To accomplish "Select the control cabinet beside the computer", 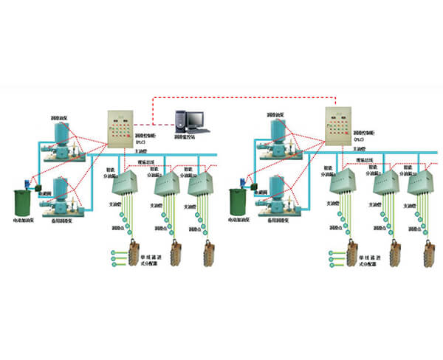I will click(120, 128).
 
